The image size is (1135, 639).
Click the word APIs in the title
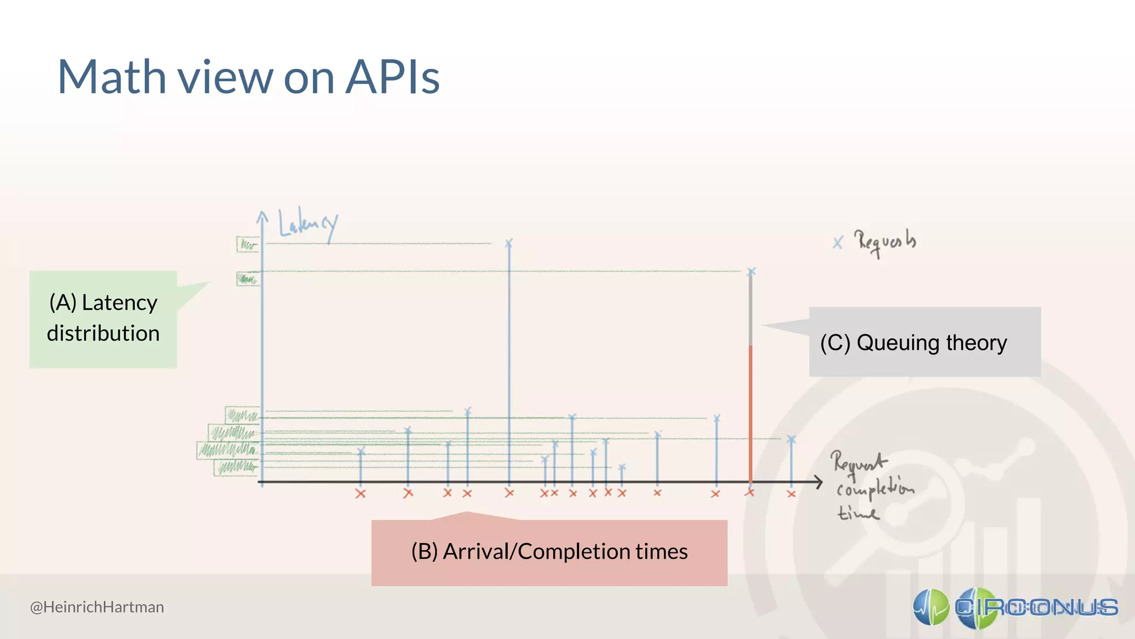(392, 78)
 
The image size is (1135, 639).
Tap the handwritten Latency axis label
(308, 225)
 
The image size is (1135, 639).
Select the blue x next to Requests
(837, 242)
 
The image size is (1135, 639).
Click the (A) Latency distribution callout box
(103, 319)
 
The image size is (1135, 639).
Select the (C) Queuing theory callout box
(924, 342)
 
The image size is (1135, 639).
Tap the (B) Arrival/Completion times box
(549, 552)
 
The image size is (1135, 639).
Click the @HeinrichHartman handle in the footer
(97, 607)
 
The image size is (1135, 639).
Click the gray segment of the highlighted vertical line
(750, 311)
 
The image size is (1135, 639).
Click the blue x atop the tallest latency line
(509, 243)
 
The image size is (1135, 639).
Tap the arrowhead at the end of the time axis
(819, 482)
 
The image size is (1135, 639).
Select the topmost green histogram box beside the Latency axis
(248, 244)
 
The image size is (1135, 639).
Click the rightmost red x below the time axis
(791, 494)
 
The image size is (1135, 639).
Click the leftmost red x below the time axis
(360, 494)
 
